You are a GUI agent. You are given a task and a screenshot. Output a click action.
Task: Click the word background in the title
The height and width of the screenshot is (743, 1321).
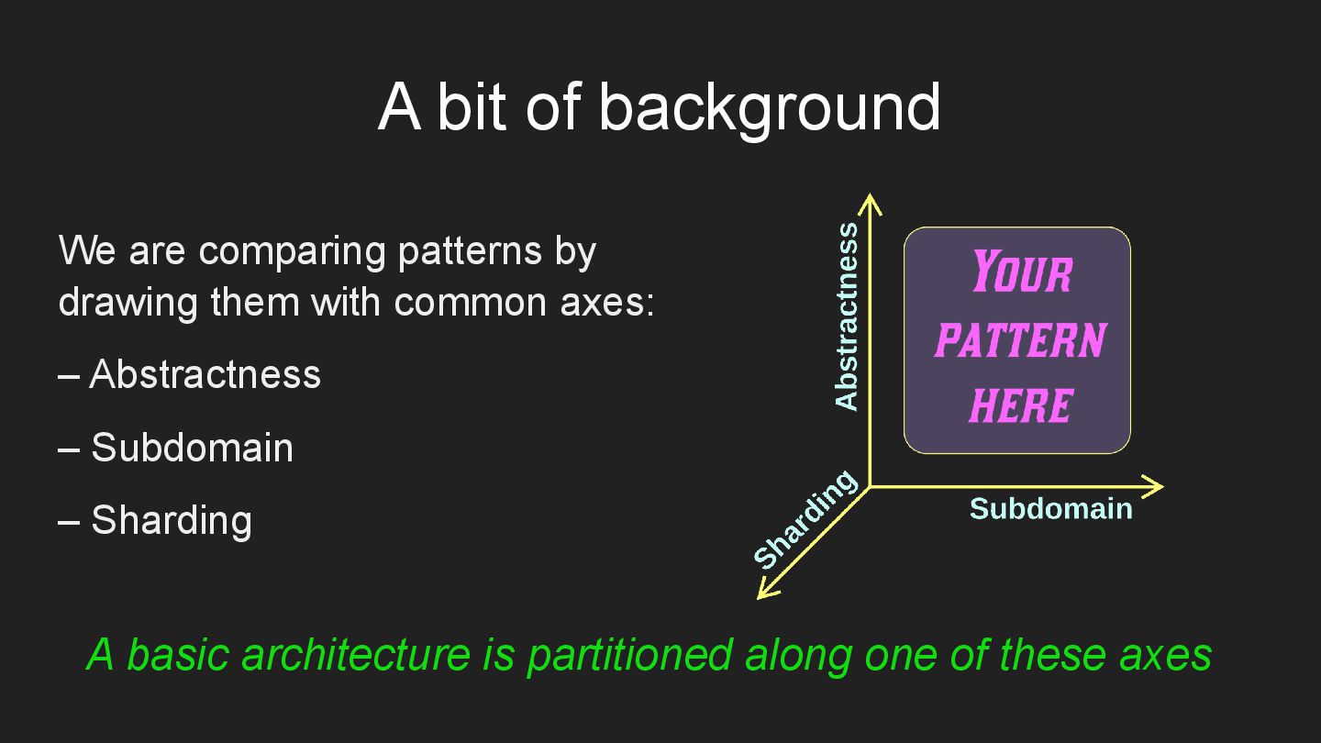[x=769, y=106]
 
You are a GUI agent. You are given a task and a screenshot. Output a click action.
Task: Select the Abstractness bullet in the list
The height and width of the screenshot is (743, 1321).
[x=205, y=374]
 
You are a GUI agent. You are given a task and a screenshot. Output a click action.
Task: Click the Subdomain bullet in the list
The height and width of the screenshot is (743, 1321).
[x=192, y=448]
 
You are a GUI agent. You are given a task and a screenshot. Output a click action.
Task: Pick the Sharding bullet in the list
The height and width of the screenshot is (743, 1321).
[x=171, y=520]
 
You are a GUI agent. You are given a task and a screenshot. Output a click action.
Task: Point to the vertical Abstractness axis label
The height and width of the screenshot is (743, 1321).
[x=847, y=316]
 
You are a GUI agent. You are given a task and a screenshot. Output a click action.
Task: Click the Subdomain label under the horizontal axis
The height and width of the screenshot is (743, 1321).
[x=1050, y=508]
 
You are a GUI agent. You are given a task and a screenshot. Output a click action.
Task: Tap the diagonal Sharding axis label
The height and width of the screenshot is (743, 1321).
[x=805, y=519]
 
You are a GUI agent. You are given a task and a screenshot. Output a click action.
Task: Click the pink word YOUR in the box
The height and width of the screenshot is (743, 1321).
[x=1021, y=272]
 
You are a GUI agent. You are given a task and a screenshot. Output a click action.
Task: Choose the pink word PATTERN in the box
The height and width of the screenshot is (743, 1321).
[x=1020, y=340]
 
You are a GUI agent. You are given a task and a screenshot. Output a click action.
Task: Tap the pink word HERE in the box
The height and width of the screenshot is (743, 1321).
[x=1020, y=405]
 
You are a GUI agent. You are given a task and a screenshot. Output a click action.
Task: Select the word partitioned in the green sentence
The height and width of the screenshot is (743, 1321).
[x=629, y=655]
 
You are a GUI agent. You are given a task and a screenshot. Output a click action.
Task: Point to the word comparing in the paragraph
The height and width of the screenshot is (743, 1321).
[x=294, y=250]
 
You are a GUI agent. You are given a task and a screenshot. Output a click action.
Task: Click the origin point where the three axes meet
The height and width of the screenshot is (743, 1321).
[x=870, y=486]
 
